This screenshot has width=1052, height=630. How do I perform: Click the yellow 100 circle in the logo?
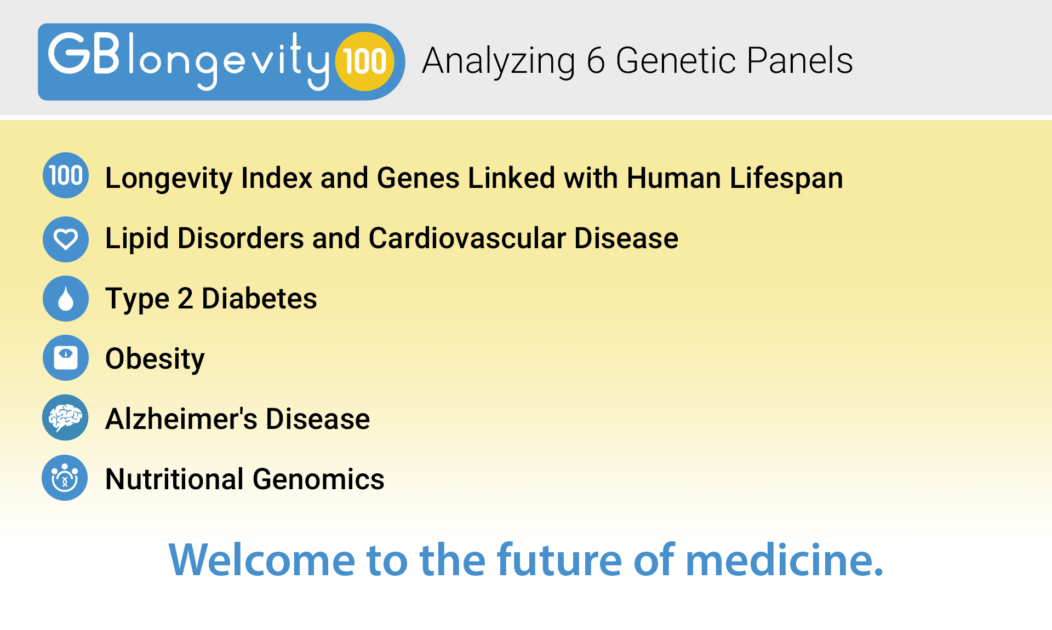point(365,61)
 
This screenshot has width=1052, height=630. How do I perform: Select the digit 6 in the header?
point(596,61)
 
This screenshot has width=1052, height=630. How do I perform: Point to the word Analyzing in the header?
point(498,62)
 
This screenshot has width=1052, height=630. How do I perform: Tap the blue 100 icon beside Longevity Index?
point(66,176)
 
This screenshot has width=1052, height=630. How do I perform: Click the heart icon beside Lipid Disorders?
point(66,239)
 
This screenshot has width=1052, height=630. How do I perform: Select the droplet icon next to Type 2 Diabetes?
point(66,299)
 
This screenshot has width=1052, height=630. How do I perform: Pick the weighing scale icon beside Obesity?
point(66,358)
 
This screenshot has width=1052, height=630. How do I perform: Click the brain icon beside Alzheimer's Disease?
point(65,418)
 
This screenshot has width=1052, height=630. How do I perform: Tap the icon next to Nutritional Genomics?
point(65,478)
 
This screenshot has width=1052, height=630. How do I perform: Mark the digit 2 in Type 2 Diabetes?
point(185,299)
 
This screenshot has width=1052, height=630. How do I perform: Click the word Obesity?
point(155,359)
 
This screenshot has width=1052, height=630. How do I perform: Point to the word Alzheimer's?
point(181,419)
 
